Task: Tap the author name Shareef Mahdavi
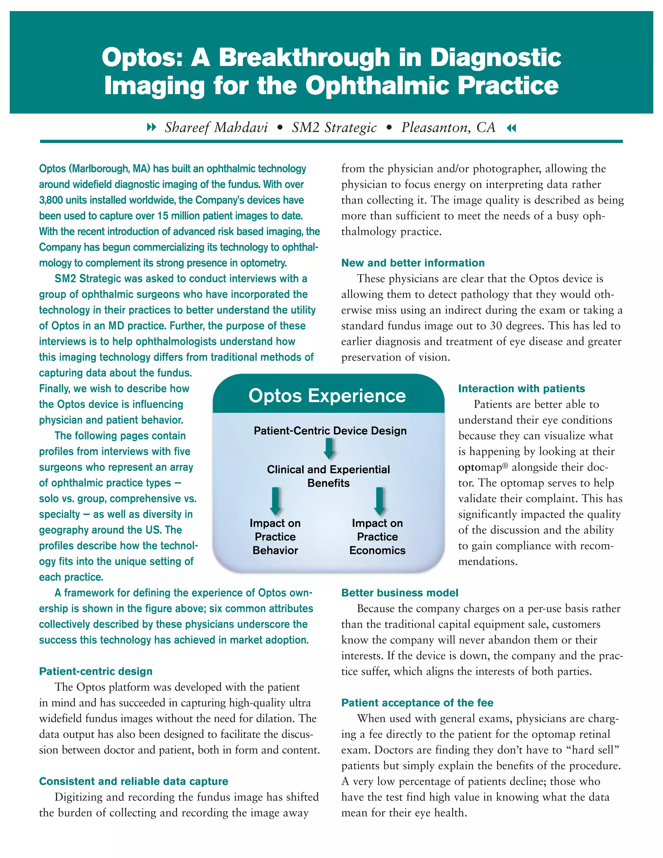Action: (x=216, y=127)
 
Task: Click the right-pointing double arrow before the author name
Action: (x=151, y=127)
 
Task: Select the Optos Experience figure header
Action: (x=327, y=396)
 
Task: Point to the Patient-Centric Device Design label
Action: (x=330, y=431)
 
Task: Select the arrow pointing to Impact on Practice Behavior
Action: (x=275, y=501)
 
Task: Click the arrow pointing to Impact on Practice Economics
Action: (x=379, y=501)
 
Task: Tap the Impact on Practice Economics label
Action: (x=377, y=536)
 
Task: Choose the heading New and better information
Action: (x=412, y=263)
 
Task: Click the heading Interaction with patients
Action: (x=521, y=389)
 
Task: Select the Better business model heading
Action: (x=399, y=593)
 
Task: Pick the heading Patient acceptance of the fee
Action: (x=417, y=703)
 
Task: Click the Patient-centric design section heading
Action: (x=96, y=672)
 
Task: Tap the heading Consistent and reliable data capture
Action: (x=134, y=781)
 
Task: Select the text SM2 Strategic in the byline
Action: (x=334, y=127)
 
